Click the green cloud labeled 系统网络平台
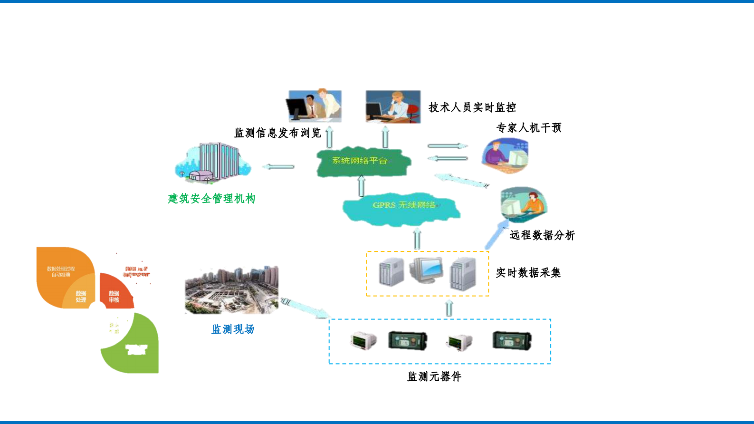click(x=363, y=162)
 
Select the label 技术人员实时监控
click(x=472, y=107)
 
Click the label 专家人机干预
click(x=529, y=127)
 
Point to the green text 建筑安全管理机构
click(x=211, y=198)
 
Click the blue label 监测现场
click(x=233, y=329)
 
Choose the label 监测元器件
click(x=434, y=376)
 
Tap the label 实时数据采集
click(x=528, y=272)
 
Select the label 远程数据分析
click(x=542, y=235)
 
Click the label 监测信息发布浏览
click(x=277, y=133)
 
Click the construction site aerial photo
click(x=232, y=290)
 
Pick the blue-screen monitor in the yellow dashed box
click(x=426, y=270)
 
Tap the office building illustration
click(x=213, y=163)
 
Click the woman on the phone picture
click(x=393, y=106)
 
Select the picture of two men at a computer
click(x=314, y=106)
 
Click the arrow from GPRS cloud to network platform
click(x=361, y=185)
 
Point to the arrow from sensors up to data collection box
click(x=449, y=308)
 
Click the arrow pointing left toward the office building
click(x=279, y=166)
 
